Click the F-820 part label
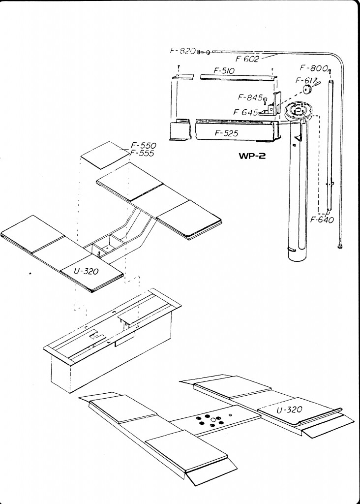coord(182,51)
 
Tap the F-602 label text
coord(247,59)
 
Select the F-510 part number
coord(224,70)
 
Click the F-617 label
coord(306,80)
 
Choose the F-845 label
coord(250,97)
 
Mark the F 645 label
coord(245,112)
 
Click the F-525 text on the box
coord(226,133)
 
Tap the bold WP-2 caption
coord(252,156)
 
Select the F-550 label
coord(143,146)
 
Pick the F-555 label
coord(142,154)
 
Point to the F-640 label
coord(322,220)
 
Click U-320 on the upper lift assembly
coord(86,271)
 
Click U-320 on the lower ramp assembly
coord(289,409)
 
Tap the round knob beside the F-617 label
coord(308,90)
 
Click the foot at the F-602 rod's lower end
coord(339,247)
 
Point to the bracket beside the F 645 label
coord(272,104)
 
